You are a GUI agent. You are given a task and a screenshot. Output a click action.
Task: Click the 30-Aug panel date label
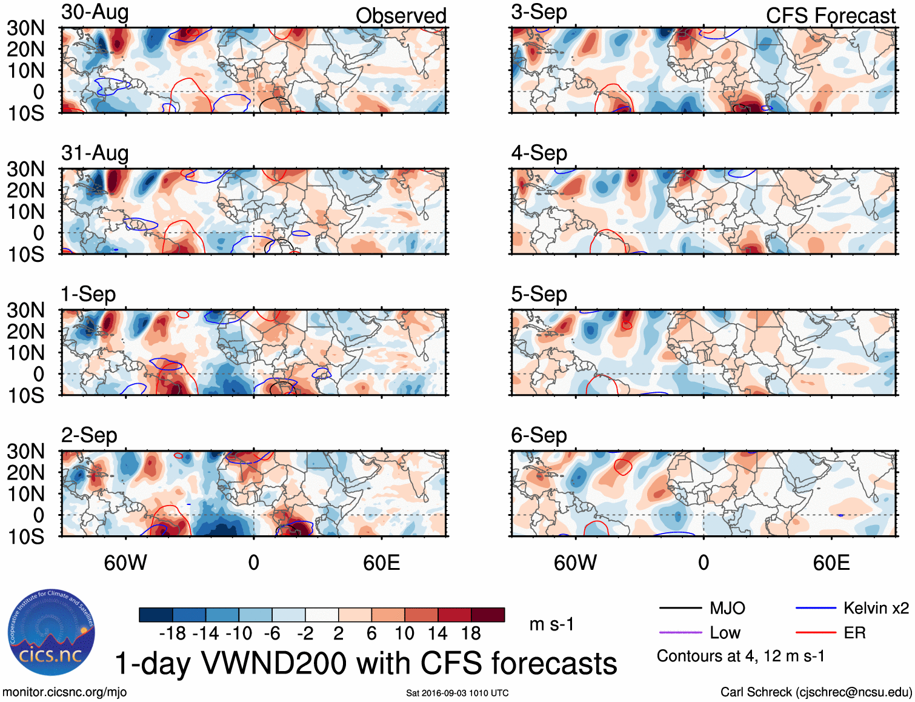[95, 12]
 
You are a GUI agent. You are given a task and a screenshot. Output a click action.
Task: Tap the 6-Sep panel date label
[539, 435]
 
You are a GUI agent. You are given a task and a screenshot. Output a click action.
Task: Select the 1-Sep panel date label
[88, 294]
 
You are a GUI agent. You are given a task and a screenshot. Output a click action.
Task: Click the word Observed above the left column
[401, 16]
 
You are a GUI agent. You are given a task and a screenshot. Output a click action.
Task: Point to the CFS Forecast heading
[830, 16]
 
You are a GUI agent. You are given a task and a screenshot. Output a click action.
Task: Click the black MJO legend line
[680, 608]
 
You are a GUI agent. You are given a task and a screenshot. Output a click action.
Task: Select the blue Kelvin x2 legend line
[816, 608]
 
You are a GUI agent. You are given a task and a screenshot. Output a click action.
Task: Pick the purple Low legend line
[680, 633]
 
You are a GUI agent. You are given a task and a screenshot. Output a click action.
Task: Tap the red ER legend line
[816, 633]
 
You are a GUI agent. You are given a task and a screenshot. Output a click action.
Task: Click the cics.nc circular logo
[52, 632]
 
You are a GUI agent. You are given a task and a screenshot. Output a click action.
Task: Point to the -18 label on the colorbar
[173, 633]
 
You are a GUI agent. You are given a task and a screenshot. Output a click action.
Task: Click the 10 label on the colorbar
[404, 633]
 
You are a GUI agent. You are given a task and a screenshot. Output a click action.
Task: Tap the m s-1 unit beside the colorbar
[551, 624]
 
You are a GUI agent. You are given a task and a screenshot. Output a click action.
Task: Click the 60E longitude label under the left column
[381, 563]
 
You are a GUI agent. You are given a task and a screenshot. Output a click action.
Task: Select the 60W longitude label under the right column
[575, 563]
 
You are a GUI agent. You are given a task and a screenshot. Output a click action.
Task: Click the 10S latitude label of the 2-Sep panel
[25, 537]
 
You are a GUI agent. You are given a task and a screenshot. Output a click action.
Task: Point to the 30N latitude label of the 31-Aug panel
[25, 169]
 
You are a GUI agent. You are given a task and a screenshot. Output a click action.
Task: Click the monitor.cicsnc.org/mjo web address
[65, 692]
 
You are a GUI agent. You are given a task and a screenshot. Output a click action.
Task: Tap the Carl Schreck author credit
[816, 692]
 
